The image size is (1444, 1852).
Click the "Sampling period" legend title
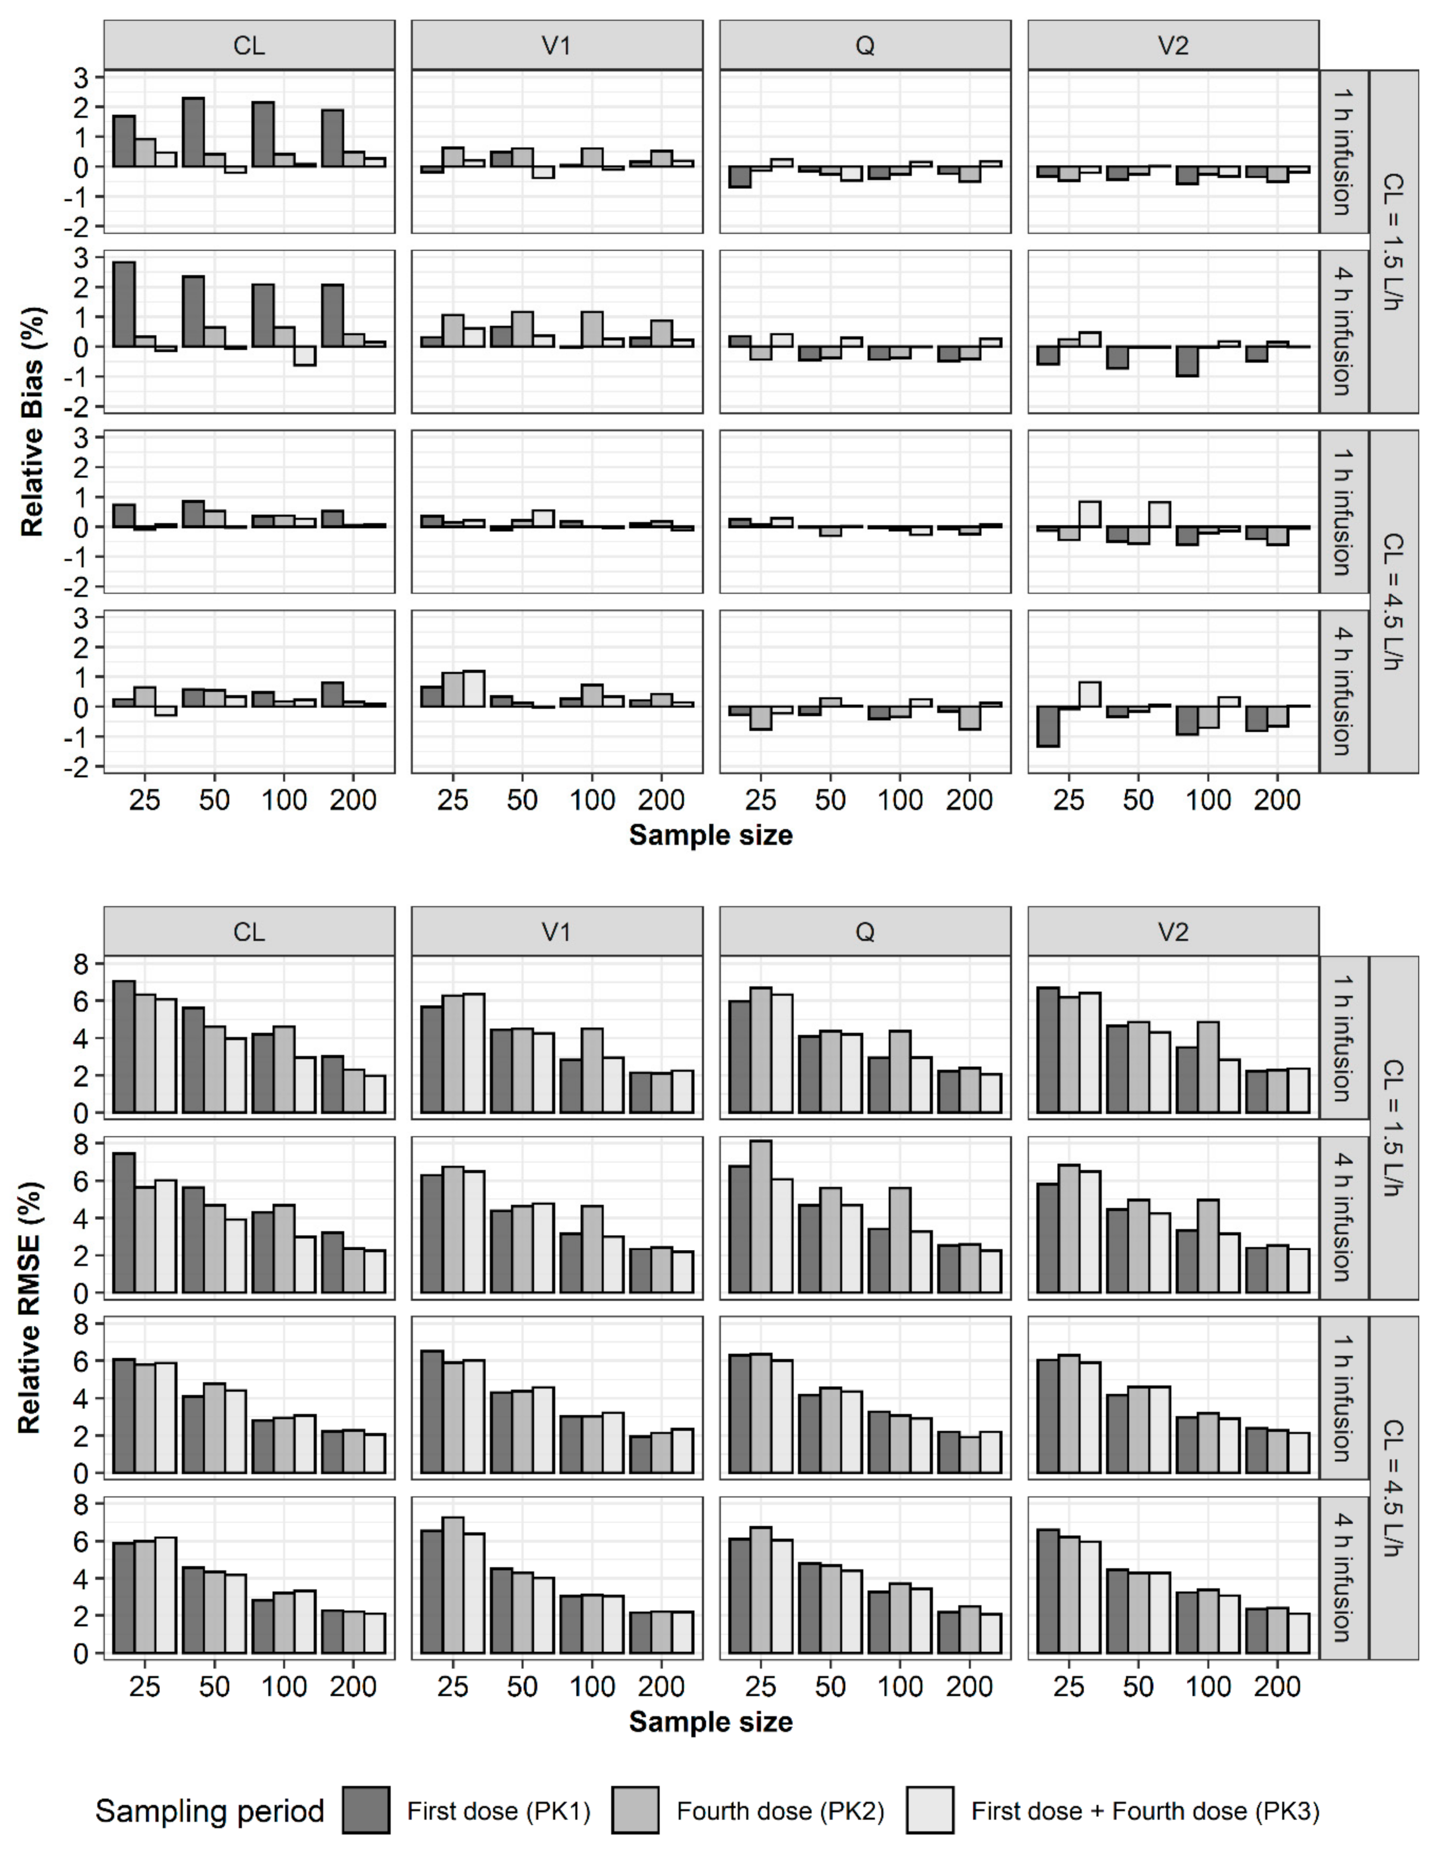[210, 1810]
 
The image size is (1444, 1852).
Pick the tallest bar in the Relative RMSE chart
[760, 1217]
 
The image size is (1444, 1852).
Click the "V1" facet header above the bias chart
[556, 45]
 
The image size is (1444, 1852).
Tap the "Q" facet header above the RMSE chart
[864, 932]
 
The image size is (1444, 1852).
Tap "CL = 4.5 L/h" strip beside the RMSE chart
[1394, 1488]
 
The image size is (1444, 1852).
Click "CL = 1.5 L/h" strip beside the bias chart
[1394, 241]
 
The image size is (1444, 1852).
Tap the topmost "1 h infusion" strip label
[1343, 152]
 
